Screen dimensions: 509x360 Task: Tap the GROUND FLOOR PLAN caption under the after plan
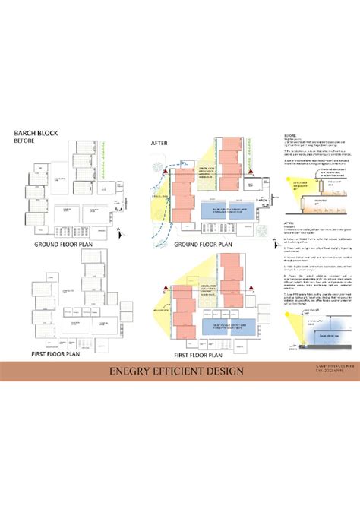[x=203, y=246]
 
